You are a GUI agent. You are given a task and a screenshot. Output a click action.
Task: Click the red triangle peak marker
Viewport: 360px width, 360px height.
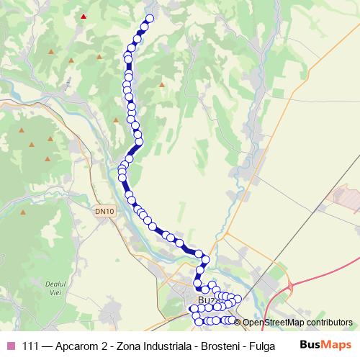tap(84, 16)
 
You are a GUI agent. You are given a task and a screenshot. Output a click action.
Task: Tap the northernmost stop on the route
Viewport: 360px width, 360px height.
tap(150, 19)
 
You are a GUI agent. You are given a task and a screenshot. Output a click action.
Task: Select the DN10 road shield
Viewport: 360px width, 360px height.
tap(104, 211)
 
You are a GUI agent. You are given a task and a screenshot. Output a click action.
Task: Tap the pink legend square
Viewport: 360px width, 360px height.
tap(9, 346)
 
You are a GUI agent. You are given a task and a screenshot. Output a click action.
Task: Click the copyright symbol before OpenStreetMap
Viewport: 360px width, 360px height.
tap(238, 323)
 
